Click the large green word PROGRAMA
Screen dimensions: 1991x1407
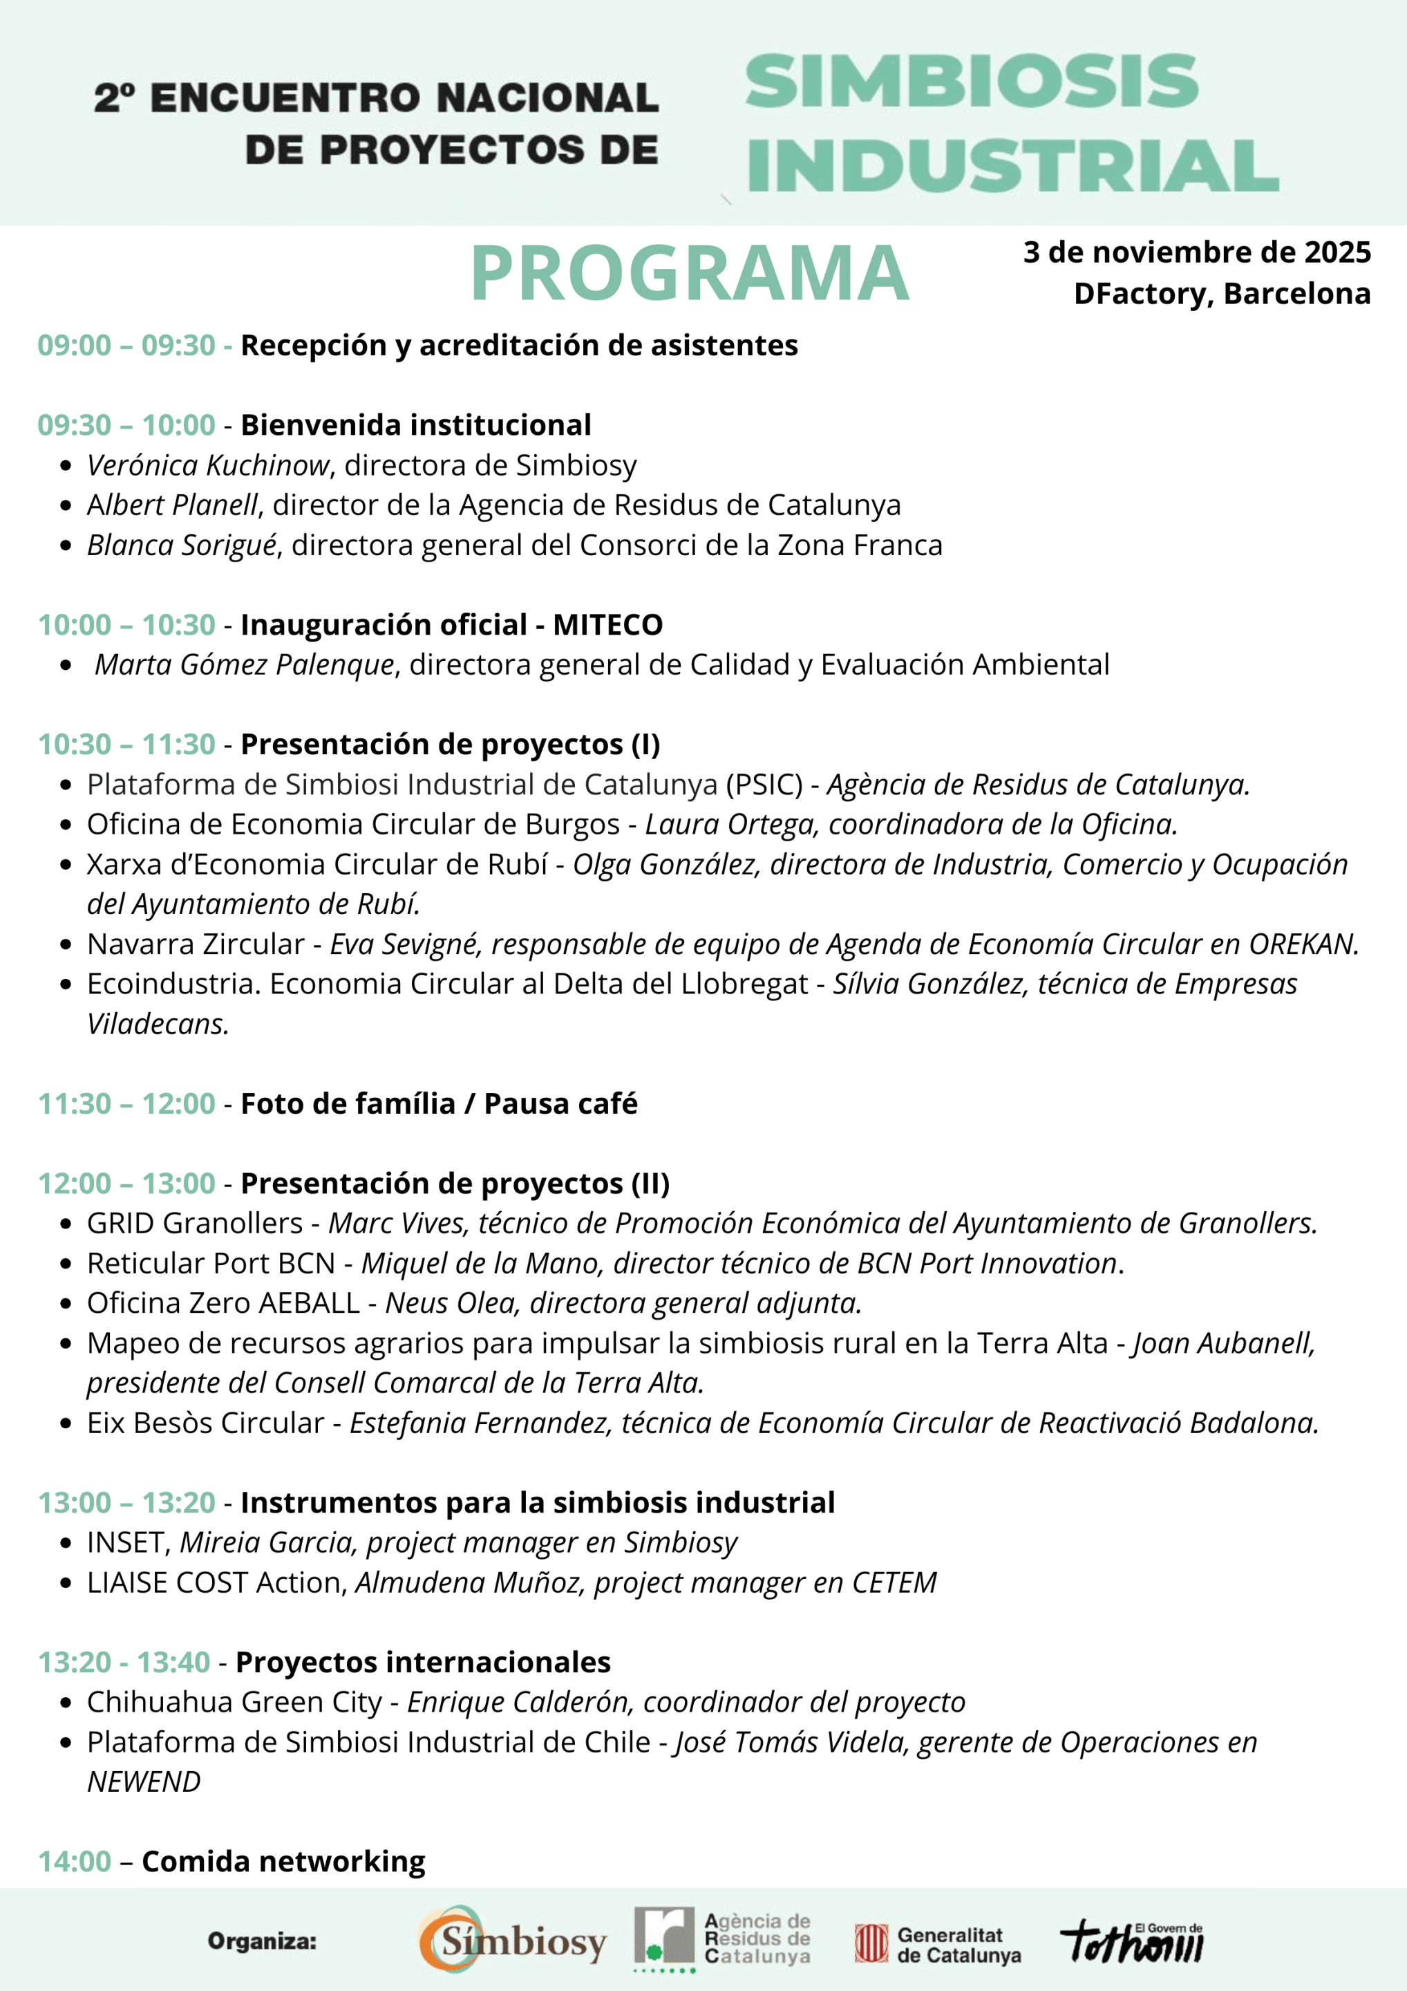click(x=689, y=273)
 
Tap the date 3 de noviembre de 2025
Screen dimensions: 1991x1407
click(x=1196, y=252)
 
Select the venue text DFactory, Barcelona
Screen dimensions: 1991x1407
click(x=1222, y=294)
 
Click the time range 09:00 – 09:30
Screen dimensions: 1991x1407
click(x=126, y=345)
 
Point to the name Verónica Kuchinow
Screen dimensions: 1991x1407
click(x=208, y=466)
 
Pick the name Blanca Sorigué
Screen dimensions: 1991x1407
click(x=182, y=545)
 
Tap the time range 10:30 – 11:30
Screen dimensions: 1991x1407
click(x=126, y=744)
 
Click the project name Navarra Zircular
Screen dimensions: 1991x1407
click(x=196, y=944)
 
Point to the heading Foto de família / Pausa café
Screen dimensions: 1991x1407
click(x=439, y=1103)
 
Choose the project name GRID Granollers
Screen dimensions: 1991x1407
click(x=195, y=1223)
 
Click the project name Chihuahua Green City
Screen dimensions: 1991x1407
click(x=234, y=1701)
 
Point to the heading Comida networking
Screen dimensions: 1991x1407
click(x=283, y=1861)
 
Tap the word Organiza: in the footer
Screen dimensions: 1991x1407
click(x=262, y=1942)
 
